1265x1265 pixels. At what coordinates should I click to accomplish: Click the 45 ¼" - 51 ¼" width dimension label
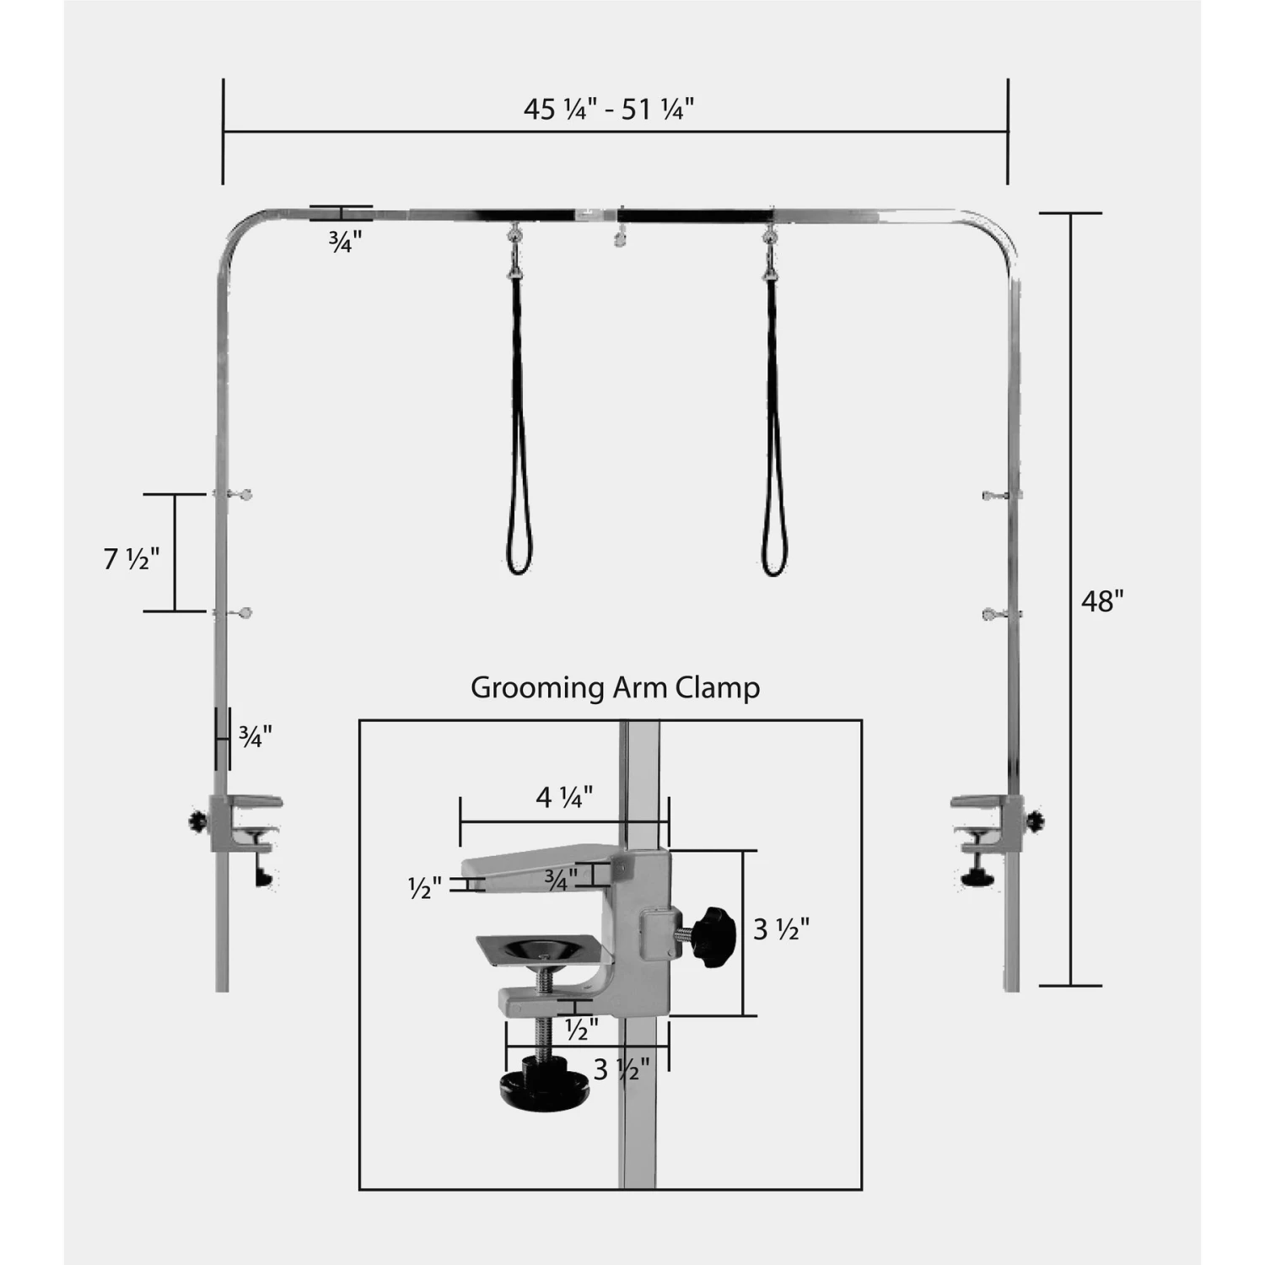pyautogui.click(x=609, y=110)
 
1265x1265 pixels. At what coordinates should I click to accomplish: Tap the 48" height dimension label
pyautogui.click(x=1102, y=601)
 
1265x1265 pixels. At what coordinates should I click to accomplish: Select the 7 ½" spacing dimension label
pyautogui.click(x=132, y=558)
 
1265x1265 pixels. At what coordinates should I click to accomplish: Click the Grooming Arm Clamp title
pyautogui.click(x=615, y=687)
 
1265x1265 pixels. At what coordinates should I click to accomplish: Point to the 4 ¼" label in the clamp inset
pyautogui.click(x=564, y=797)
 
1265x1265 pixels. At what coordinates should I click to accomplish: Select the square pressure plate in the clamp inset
pyautogui.click(x=538, y=950)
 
